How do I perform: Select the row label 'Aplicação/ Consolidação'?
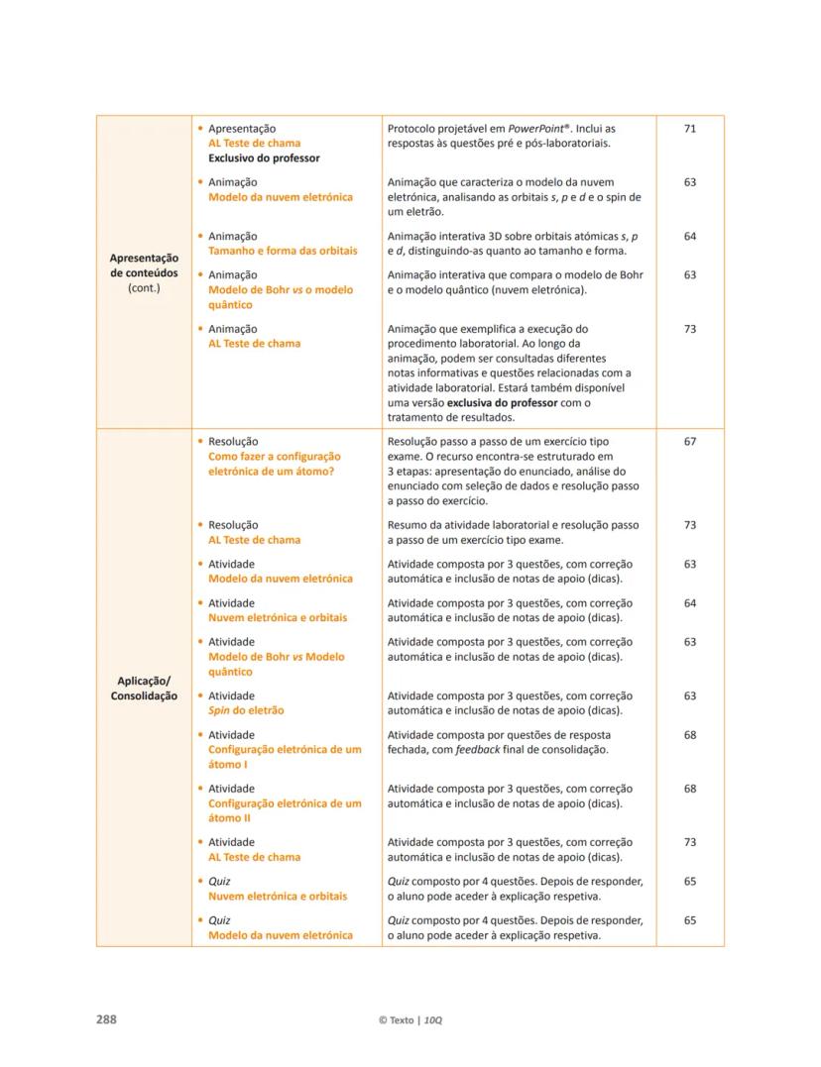click(144, 689)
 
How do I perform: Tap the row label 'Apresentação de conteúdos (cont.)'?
click(144, 272)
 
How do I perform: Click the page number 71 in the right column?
click(690, 129)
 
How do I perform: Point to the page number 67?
click(690, 442)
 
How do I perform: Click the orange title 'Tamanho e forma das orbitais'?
click(283, 252)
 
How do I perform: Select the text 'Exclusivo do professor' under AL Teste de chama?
click(264, 159)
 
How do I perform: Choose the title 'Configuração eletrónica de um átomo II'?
click(285, 811)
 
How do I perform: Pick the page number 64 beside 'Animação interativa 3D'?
click(690, 237)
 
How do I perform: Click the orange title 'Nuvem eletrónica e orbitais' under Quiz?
click(278, 897)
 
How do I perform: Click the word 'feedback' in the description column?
click(477, 750)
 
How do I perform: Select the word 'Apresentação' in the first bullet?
click(242, 129)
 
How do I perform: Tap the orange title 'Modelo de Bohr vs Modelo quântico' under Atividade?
click(277, 665)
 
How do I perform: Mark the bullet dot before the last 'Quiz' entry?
click(201, 920)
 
